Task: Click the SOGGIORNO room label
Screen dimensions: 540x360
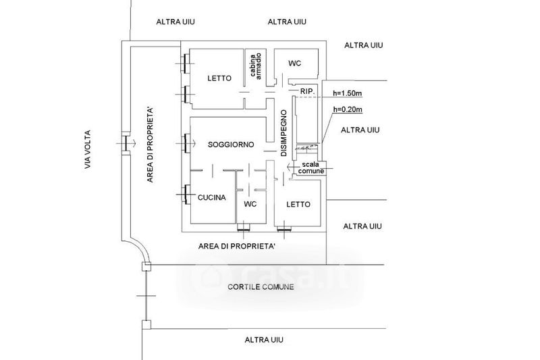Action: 231,145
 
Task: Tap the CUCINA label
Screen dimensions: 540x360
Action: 211,197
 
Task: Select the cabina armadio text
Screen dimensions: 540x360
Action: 256,66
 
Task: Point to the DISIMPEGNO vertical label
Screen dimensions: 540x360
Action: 283,133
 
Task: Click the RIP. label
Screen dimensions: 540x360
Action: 308,91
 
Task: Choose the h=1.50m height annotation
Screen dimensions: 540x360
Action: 347,93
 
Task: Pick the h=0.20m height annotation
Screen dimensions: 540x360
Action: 348,109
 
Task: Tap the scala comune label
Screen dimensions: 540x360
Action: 311,168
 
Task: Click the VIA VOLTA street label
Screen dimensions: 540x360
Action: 88,149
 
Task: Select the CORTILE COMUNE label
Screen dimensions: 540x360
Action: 261,286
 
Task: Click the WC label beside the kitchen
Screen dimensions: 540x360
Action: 250,204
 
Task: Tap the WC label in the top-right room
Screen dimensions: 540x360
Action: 294,63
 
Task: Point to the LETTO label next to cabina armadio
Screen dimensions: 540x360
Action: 219,78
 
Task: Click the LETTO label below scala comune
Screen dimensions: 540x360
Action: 298,204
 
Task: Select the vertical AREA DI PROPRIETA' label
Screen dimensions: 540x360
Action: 150,145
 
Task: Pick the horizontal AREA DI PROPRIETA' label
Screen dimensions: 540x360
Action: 237,247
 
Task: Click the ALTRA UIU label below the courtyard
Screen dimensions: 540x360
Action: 264,340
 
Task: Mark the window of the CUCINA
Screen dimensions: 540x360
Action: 187,195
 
